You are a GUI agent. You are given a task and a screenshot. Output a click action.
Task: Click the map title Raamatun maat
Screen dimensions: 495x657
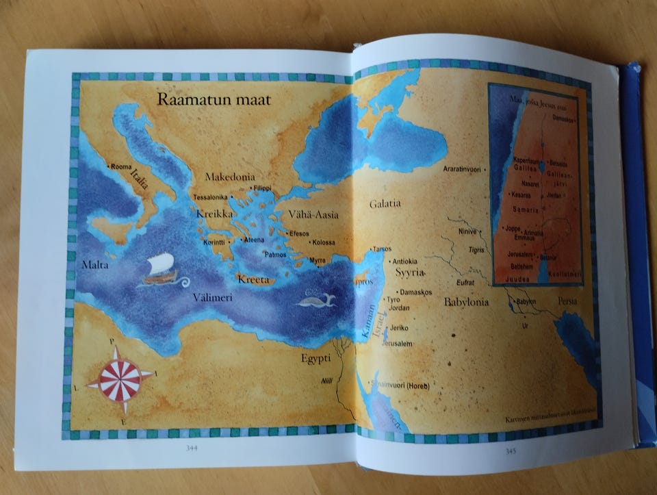pyautogui.click(x=214, y=100)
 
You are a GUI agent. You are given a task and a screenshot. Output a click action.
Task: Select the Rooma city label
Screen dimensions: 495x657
pyautogui.click(x=120, y=166)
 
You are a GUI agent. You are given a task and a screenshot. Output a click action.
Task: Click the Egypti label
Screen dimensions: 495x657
pyautogui.click(x=315, y=357)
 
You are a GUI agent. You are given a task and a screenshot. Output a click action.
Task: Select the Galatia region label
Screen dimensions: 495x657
pyautogui.click(x=385, y=203)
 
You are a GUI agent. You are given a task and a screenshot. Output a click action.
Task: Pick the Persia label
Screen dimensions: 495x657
pyautogui.click(x=567, y=301)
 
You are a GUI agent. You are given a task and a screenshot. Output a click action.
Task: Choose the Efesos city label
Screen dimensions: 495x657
pyautogui.click(x=300, y=234)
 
